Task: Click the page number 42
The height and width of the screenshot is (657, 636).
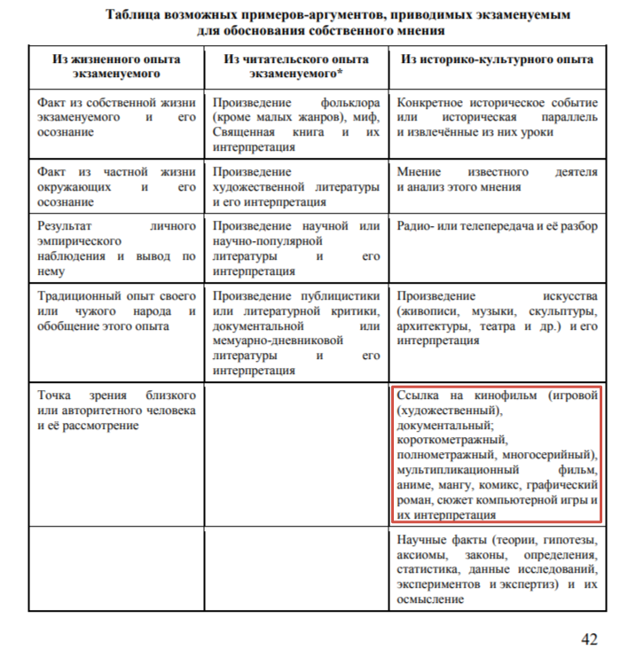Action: [x=589, y=637]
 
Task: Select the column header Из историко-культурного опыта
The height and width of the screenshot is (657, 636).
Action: [x=497, y=59]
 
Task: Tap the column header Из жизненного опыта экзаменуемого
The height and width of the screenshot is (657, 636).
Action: [x=115, y=66]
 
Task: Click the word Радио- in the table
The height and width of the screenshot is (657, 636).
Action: [x=418, y=226]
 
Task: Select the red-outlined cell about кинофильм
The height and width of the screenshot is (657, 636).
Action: [x=497, y=454]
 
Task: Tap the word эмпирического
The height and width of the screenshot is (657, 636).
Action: [x=79, y=241]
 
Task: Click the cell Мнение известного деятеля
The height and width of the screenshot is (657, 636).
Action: [x=497, y=179]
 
